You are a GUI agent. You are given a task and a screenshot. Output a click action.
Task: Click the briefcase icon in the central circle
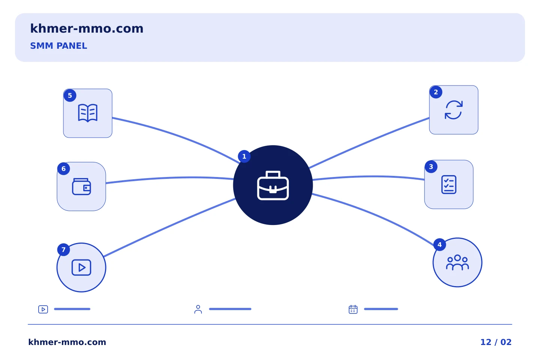pyautogui.click(x=273, y=185)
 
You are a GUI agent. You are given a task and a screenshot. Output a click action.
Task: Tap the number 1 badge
pyautogui.click(x=244, y=156)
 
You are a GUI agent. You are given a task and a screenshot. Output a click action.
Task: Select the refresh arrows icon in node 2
pyautogui.click(x=454, y=110)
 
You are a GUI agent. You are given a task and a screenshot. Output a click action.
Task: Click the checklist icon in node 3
pyautogui.click(x=448, y=184)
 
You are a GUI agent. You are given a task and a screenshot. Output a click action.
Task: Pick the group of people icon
pyautogui.click(x=457, y=262)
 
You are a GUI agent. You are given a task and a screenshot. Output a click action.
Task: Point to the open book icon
pyautogui.click(x=88, y=113)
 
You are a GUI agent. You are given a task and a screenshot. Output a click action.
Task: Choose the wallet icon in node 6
pyautogui.click(x=81, y=187)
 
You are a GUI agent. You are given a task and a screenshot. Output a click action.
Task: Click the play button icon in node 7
pyautogui.click(x=81, y=267)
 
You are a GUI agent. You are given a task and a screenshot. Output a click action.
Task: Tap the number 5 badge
pyautogui.click(x=70, y=96)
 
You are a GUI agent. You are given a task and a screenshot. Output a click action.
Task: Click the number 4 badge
pyautogui.click(x=439, y=244)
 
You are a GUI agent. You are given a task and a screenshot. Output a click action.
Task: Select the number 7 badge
pyautogui.click(x=64, y=250)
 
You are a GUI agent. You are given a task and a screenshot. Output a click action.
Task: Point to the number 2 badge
pyautogui.click(x=436, y=92)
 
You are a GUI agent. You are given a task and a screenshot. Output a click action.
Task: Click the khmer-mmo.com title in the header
pyautogui.click(x=87, y=28)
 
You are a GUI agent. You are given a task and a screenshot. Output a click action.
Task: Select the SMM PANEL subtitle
pyautogui.click(x=58, y=46)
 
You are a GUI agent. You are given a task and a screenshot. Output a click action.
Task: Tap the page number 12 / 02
pyautogui.click(x=496, y=342)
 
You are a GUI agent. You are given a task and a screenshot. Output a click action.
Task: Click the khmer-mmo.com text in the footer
pyautogui.click(x=67, y=342)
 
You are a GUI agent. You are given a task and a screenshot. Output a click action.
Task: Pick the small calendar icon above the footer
pyautogui.click(x=353, y=309)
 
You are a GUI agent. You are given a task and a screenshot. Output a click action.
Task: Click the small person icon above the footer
pyautogui.click(x=198, y=309)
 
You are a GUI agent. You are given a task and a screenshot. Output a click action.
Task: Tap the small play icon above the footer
pyautogui.click(x=43, y=309)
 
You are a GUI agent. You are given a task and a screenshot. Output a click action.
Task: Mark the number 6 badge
pyautogui.click(x=64, y=168)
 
